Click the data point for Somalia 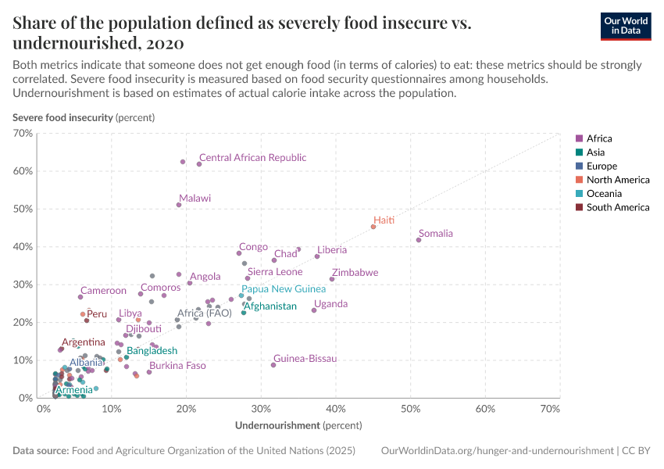[419, 240]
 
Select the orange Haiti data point [373, 227]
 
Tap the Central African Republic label [252, 158]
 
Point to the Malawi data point [179, 205]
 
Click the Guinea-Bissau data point [273, 365]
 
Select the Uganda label [330, 304]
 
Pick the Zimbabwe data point [332, 279]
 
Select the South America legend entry [617, 207]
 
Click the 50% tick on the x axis [411, 409]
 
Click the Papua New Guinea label [284, 289]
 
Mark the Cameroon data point [80, 297]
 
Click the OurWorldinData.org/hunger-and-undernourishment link [498, 451]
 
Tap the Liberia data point [317, 256]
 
